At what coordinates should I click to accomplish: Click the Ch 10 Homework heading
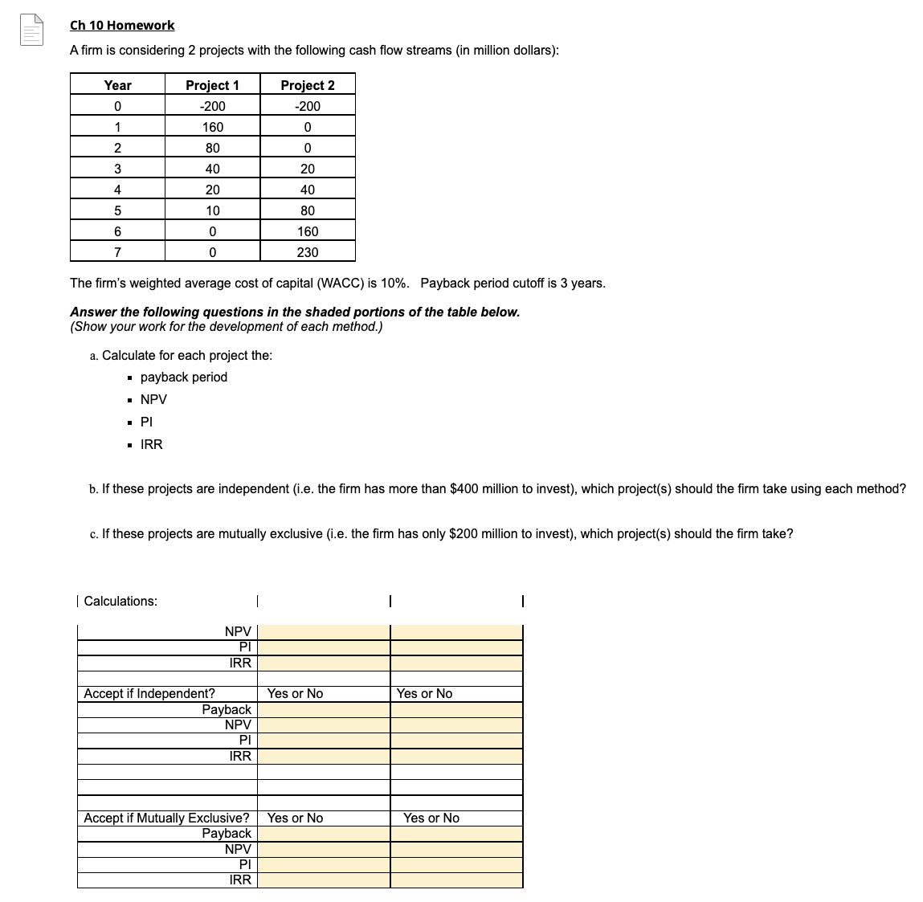point(122,26)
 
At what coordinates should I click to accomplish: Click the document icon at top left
point(31,31)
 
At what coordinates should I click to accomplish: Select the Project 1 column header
point(212,85)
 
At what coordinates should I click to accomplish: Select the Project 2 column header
point(308,85)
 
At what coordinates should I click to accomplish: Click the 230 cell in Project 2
point(308,252)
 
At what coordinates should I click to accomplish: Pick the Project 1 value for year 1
point(213,127)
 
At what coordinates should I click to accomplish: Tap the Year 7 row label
point(117,252)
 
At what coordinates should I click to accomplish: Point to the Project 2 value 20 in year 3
point(308,169)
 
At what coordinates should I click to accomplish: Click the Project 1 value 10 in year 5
point(213,210)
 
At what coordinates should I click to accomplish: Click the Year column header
point(117,85)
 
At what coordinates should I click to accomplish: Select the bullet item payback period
point(183,378)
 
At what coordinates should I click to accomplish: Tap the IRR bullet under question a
point(151,444)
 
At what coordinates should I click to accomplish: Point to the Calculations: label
point(120,602)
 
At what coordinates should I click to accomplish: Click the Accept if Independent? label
point(149,693)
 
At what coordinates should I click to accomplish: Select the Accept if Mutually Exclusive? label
point(166,818)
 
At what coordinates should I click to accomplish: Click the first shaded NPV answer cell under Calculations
point(323,632)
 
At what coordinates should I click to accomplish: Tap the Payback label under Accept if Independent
point(227,709)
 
